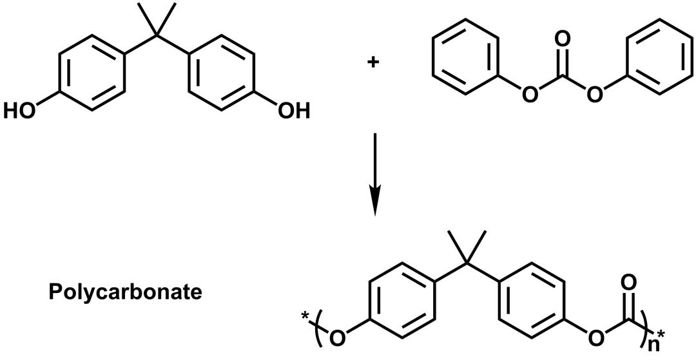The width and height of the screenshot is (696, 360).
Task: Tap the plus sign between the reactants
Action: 372,62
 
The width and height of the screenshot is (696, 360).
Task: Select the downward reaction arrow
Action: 375,175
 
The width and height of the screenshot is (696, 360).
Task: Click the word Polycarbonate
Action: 125,292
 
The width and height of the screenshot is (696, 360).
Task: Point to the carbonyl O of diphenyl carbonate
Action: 562,39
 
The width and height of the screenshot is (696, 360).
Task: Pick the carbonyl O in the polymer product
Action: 629,283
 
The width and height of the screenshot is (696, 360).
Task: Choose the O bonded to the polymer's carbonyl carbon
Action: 597,338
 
